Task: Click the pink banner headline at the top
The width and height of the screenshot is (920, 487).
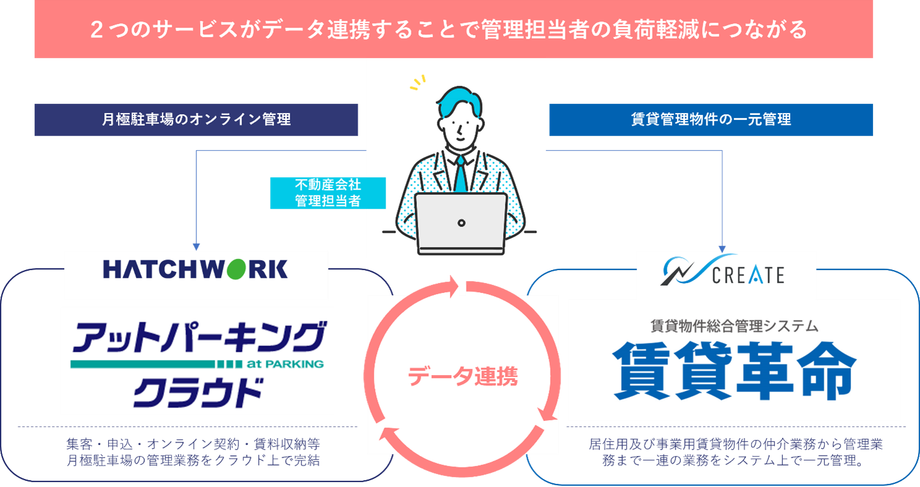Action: coord(454,30)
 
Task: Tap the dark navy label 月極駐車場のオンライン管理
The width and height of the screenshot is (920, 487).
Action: coord(196,120)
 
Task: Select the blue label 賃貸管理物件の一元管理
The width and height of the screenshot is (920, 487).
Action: coord(711,120)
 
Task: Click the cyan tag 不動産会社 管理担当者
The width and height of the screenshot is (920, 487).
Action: coord(327,193)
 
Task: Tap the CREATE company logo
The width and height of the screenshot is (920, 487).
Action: coord(727,273)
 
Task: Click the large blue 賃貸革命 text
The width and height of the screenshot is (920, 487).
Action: coord(734,371)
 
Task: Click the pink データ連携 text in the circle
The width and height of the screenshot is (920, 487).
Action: coord(463,376)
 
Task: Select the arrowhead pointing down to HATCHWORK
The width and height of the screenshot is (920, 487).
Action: coord(196,245)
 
